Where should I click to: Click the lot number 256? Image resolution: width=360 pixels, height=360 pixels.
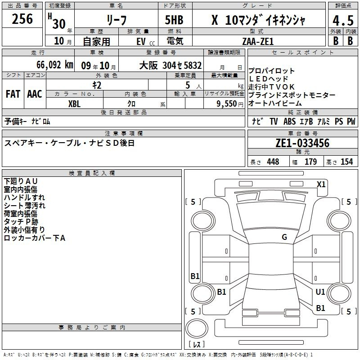pos(22,19)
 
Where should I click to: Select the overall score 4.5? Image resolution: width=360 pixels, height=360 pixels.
pos(343,20)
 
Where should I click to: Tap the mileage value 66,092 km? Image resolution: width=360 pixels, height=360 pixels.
pos(55,65)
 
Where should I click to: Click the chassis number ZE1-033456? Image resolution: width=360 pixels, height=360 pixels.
pos(302,143)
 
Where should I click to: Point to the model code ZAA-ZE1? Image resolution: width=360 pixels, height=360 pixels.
pos(258,41)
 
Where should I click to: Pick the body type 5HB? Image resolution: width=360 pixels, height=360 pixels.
pos(174,20)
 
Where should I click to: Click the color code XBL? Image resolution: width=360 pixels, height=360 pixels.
pos(74,104)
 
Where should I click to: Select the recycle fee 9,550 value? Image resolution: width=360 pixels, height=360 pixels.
pos(227,104)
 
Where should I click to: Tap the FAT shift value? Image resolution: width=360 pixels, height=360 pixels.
pos(13,94)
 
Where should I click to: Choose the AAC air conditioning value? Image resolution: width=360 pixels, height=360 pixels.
pos(35,94)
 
